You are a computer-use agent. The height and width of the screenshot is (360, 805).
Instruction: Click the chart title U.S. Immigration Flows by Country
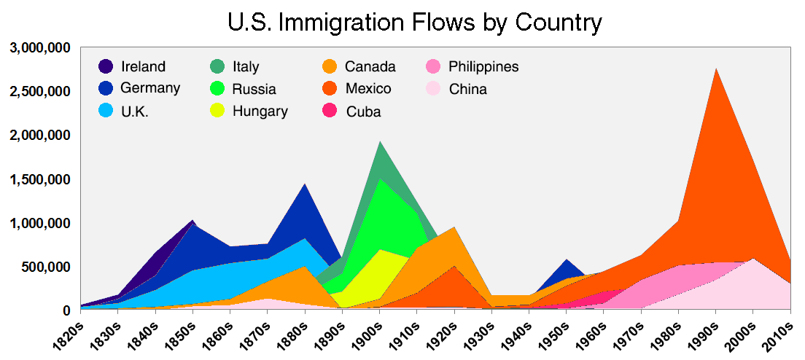415,23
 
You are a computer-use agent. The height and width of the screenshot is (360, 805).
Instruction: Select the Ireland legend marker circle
106,67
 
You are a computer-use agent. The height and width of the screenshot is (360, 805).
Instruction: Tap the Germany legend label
151,88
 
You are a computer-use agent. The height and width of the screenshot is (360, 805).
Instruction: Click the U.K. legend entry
135,111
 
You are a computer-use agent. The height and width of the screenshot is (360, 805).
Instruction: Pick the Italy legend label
246,67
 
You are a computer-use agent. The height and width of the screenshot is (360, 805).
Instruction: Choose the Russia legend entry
254,90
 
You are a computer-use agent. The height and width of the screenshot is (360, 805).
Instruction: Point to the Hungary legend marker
217,111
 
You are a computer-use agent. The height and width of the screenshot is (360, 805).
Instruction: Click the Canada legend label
370,67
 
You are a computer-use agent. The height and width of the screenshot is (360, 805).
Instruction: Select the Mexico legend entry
368,89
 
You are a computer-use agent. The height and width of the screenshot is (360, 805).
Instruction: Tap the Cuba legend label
363,111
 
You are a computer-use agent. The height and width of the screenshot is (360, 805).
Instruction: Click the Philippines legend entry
483,67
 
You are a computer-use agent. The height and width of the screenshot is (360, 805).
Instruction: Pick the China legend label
467,90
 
